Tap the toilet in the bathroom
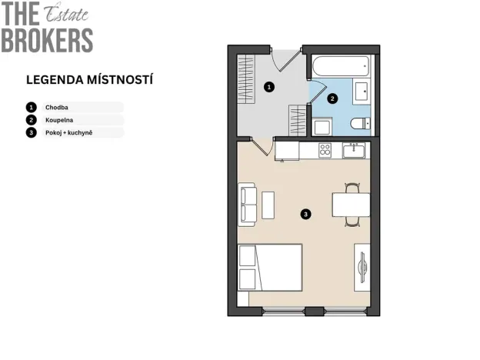(360, 124)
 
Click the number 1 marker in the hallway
(268, 87)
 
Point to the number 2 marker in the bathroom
(332, 98)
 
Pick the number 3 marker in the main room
(306, 214)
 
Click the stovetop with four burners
(325, 150)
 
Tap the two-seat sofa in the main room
(247, 204)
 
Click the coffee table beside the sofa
(268, 204)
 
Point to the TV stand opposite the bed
(361, 267)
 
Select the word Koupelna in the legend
(59, 120)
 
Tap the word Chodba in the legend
(57, 107)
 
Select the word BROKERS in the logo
(47, 40)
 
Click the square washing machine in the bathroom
(322, 126)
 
